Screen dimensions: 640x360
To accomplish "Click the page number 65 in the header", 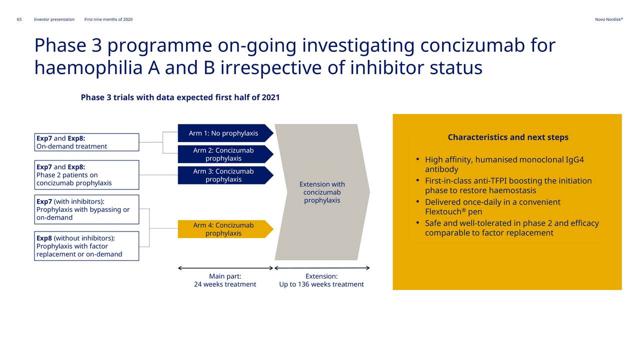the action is click(x=19, y=19).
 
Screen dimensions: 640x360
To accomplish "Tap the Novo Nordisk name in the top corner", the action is click(x=609, y=19).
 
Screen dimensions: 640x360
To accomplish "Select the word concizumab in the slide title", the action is click(x=472, y=45).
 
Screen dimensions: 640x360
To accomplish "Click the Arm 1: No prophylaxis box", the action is click(x=225, y=133).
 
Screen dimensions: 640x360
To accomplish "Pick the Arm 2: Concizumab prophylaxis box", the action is click(x=225, y=154).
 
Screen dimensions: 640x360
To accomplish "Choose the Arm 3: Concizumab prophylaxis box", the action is click(x=225, y=175).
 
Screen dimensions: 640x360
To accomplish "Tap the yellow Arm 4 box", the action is click(x=225, y=229).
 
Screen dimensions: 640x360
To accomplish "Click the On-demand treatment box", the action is click(x=86, y=142).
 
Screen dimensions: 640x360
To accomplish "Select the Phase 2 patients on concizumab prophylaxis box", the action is click(x=86, y=175).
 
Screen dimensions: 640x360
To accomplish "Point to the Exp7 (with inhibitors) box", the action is click(x=86, y=209).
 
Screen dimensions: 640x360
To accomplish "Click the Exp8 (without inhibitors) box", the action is click(x=86, y=246).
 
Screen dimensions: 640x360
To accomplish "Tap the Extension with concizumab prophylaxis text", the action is click(x=322, y=192).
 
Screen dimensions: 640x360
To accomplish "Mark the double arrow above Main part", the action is click(x=225, y=268).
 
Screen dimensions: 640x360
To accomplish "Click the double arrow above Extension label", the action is click(x=322, y=268).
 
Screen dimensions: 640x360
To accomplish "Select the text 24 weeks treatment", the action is click(x=225, y=284).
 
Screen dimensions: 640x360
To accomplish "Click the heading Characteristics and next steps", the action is click(x=508, y=137).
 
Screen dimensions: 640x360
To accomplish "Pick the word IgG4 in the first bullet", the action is click(x=575, y=159).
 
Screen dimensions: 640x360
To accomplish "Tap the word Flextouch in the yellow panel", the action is click(x=443, y=211).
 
